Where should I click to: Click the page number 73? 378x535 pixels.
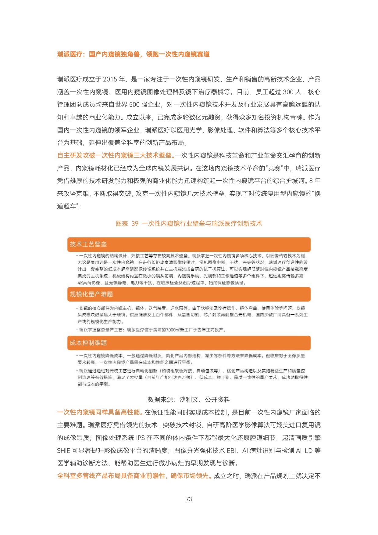pyautogui.click(x=189, y=499)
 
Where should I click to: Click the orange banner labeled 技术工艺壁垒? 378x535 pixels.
pyautogui.click(x=189, y=244)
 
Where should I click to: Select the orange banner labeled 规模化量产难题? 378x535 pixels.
pyautogui.click(x=189, y=294)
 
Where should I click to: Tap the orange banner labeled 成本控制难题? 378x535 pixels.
pyautogui.click(x=189, y=343)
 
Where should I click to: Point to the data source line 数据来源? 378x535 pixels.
pyautogui.click(x=189, y=399)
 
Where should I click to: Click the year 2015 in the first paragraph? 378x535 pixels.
pyautogui.click(x=110, y=79)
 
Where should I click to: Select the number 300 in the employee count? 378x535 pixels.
pyautogui.click(x=288, y=92)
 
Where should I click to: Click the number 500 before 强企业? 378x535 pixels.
pyautogui.click(x=134, y=105)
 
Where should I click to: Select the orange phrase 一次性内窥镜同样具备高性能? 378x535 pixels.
pyautogui.click(x=99, y=412)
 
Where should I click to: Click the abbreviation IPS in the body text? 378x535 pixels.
pyautogui.click(x=140, y=438)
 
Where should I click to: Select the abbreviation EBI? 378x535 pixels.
pyautogui.click(x=232, y=451)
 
